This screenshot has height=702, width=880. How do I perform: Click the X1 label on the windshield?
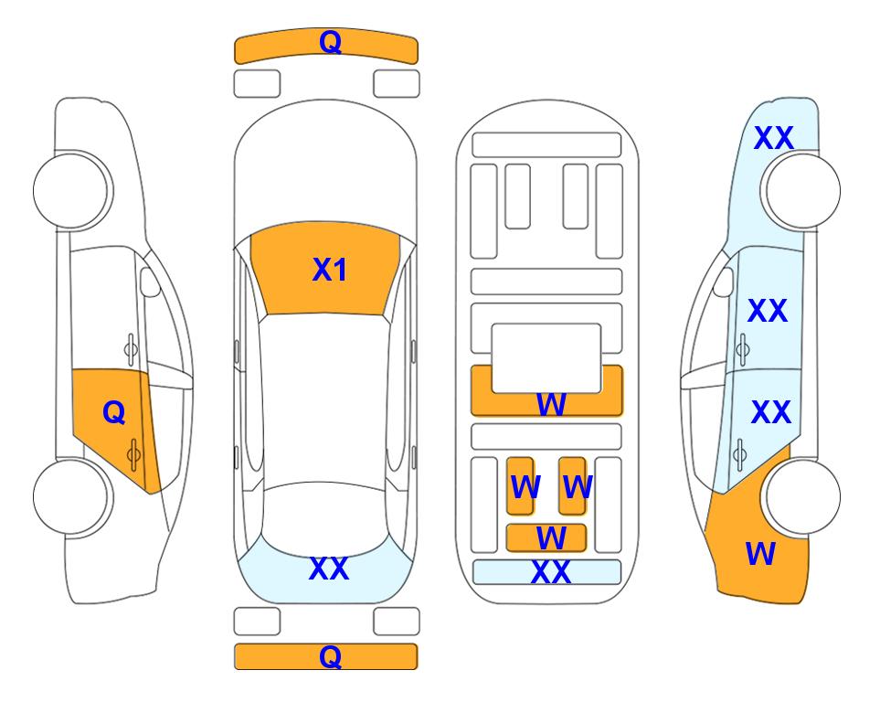tap(330, 270)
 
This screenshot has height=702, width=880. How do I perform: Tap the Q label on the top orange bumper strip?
tap(331, 42)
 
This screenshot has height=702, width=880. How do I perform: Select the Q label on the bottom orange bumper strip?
tap(331, 656)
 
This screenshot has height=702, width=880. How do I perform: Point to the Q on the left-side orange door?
tap(114, 413)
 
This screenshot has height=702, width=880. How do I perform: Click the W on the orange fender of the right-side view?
tap(760, 554)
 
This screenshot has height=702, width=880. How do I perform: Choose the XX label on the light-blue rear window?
tap(329, 569)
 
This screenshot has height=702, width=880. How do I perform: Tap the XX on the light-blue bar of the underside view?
tap(551, 572)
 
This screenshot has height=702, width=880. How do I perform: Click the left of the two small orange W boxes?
tap(520, 486)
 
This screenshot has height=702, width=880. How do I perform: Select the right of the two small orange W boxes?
tap(572, 486)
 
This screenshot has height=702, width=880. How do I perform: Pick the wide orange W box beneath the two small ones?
tap(546, 538)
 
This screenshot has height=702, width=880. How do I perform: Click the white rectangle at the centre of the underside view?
tap(546, 358)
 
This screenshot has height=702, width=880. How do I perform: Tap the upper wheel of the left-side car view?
tap(71, 191)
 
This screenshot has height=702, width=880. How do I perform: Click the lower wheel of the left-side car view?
tap(71, 496)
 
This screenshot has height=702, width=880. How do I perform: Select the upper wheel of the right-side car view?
tap(802, 191)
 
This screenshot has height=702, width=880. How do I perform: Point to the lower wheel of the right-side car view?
tap(802, 496)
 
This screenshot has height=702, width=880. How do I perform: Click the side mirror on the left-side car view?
tap(150, 282)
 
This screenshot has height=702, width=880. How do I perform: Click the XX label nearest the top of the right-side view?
tap(774, 138)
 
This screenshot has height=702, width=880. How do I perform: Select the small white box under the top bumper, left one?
tap(257, 84)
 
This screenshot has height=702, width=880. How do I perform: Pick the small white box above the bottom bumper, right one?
tap(397, 622)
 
